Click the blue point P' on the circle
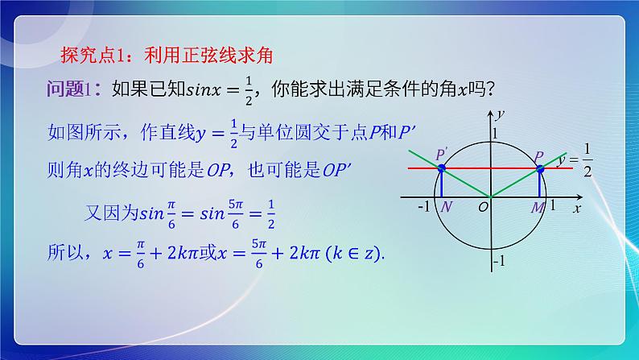tap(441, 168)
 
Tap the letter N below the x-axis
tap(447, 208)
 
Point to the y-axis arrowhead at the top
tap(490, 113)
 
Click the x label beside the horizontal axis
tap(576, 208)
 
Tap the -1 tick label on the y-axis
tap(499, 262)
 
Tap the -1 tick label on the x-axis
tap(424, 207)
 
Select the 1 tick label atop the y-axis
tap(497, 133)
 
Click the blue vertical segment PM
tap(539, 183)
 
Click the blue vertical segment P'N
tap(441, 183)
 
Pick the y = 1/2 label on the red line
tap(575, 160)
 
